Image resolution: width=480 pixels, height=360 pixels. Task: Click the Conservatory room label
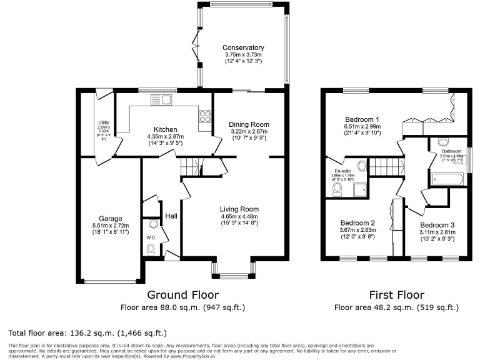244,47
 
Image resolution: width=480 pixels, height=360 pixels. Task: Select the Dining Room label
247,124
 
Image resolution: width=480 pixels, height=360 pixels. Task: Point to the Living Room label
239,209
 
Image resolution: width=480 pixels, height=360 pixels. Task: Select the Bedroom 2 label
357,222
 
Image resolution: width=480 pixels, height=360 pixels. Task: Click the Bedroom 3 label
437,225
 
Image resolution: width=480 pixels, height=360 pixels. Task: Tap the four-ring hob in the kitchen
204,116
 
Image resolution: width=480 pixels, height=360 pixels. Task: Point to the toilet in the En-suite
337,188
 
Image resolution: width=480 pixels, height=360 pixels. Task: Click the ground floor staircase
190,167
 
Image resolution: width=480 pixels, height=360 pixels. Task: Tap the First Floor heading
397,294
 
